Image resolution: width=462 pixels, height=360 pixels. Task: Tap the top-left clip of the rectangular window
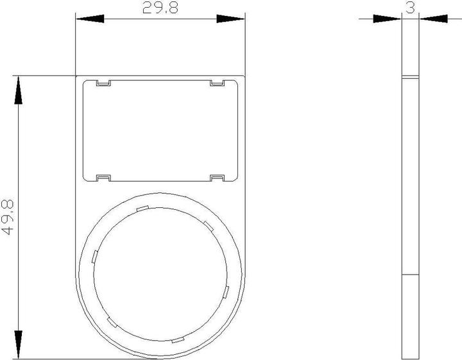pyautogui.click(x=103, y=83)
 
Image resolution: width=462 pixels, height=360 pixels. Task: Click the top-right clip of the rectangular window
pyautogui.click(x=217, y=83)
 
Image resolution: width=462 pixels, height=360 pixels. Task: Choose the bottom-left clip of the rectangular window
pyautogui.click(x=103, y=178)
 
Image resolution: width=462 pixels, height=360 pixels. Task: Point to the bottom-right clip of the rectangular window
pyautogui.click(x=217, y=178)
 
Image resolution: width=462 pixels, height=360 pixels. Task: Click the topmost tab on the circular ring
pyautogui.click(x=142, y=208)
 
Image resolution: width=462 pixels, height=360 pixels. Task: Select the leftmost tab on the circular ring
pyautogui.click(x=94, y=256)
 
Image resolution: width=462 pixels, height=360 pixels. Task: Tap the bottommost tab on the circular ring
pyautogui.click(x=177, y=340)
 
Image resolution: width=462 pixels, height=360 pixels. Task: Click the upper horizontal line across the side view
pyautogui.click(x=410, y=78)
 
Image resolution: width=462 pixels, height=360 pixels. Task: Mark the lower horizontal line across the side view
pyautogui.click(x=410, y=275)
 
